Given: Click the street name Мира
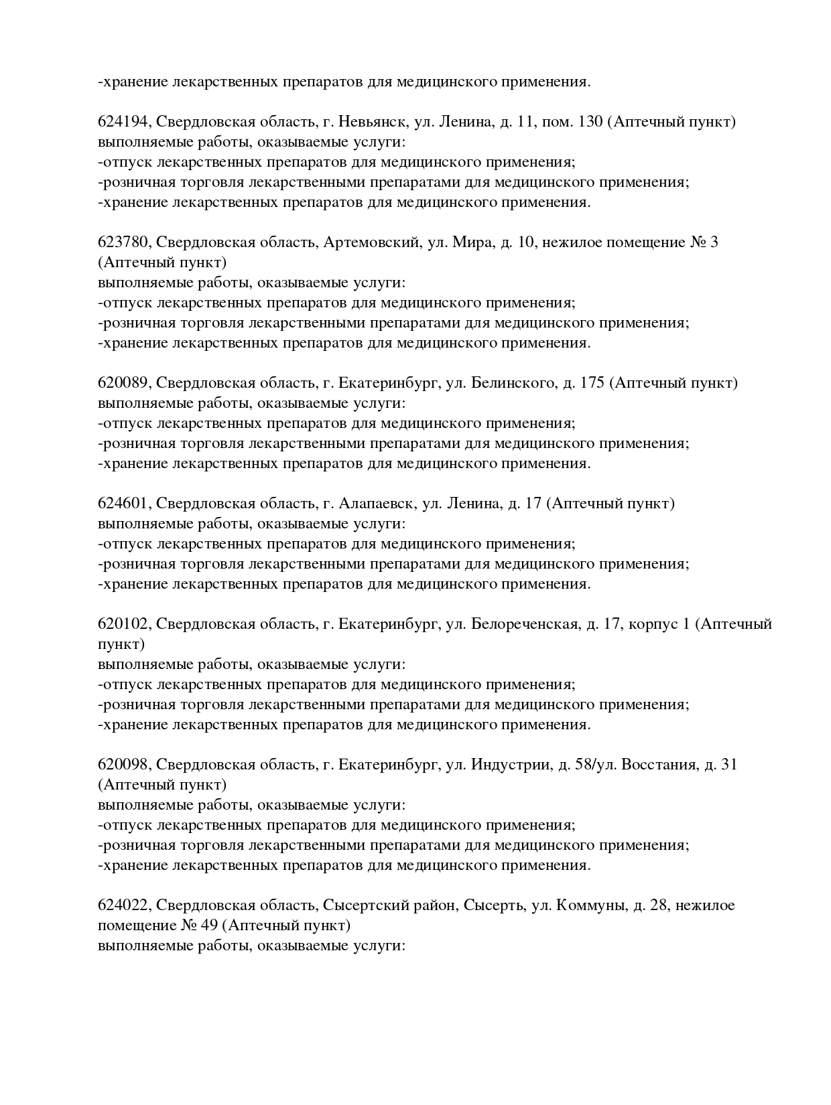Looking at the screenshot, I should pos(472,242).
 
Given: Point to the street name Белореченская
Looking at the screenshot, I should pos(525,624).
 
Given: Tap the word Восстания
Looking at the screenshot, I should pos(658,765).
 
